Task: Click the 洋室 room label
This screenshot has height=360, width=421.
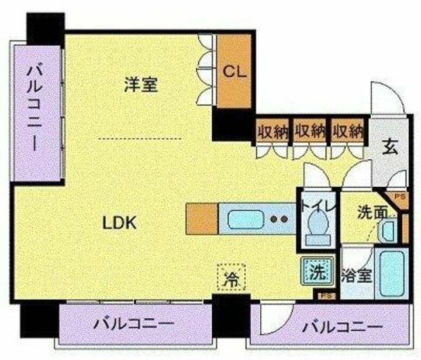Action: tap(141, 85)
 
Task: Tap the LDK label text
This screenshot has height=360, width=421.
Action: tap(119, 222)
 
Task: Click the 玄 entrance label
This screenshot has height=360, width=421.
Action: tap(390, 147)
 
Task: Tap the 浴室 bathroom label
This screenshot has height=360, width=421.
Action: tap(356, 275)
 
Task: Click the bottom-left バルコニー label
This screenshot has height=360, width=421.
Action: tap(134, 324)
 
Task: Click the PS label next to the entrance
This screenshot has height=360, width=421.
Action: tap(401, 197)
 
